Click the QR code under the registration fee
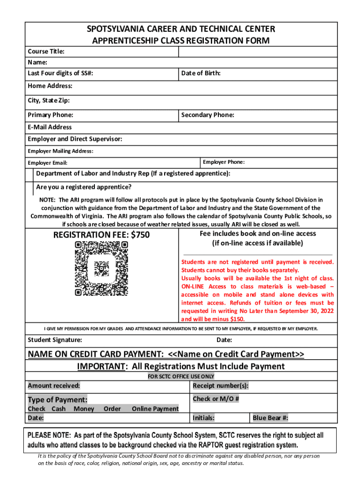(101, 269)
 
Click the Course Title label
(46, 51)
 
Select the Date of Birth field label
(201, 73)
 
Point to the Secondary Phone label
(208, 115)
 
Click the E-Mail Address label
(50, 127)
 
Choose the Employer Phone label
(223, 162)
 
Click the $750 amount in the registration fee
(140, 235)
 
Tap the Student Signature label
(55, 340)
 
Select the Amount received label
(54, 386)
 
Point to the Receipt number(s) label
(220, 386)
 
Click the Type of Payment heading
(58, 400)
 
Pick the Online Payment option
(155, 409)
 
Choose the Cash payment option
(58, 409)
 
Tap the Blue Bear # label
(270, 418)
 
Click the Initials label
(203, 418)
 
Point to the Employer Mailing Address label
(60, 151)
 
